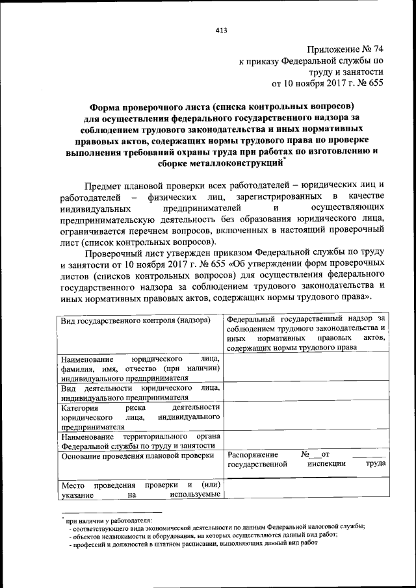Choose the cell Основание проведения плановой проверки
[137, 455]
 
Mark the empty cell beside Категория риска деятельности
[305, 417]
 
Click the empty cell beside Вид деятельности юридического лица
[305, 392]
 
